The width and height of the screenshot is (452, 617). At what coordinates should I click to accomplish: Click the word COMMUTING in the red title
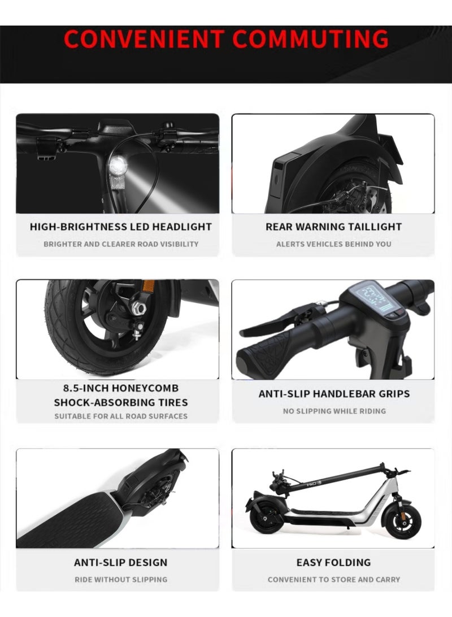(x=310, y=39)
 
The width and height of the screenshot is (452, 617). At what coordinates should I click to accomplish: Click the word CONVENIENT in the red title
(x=144, y=39)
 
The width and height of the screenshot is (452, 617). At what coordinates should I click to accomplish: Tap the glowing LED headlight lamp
(x=119, y=165)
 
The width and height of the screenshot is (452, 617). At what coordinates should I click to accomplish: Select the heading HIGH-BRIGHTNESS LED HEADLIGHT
(x=120, y=227)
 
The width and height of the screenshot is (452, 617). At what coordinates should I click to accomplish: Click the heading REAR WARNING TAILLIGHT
(x=333, y=227)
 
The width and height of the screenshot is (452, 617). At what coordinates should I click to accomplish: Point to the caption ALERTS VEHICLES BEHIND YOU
(x=333, y=244)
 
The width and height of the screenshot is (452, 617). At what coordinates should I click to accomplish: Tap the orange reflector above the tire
(x=149, y=286)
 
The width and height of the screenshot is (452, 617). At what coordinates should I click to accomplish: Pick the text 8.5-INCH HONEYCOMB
(x=120, y=388)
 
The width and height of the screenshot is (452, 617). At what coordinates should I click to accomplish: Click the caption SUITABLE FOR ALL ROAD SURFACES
(x=120, y=416)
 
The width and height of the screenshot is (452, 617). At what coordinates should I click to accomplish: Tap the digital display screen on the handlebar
(x=371, y=299)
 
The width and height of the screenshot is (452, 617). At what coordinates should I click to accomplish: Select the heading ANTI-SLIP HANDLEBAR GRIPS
(x=334, y=394)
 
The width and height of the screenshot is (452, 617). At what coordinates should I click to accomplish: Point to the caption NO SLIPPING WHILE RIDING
(x=334, y=411)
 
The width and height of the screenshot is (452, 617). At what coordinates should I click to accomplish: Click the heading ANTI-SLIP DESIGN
(x=120, y=562)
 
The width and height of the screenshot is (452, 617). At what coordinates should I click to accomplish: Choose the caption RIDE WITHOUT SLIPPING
(x=120, y=580)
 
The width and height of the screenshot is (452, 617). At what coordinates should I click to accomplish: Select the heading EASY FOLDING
(x=333, y=562)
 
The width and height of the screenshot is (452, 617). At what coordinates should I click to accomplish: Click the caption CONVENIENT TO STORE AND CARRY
(x=333, y=580)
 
